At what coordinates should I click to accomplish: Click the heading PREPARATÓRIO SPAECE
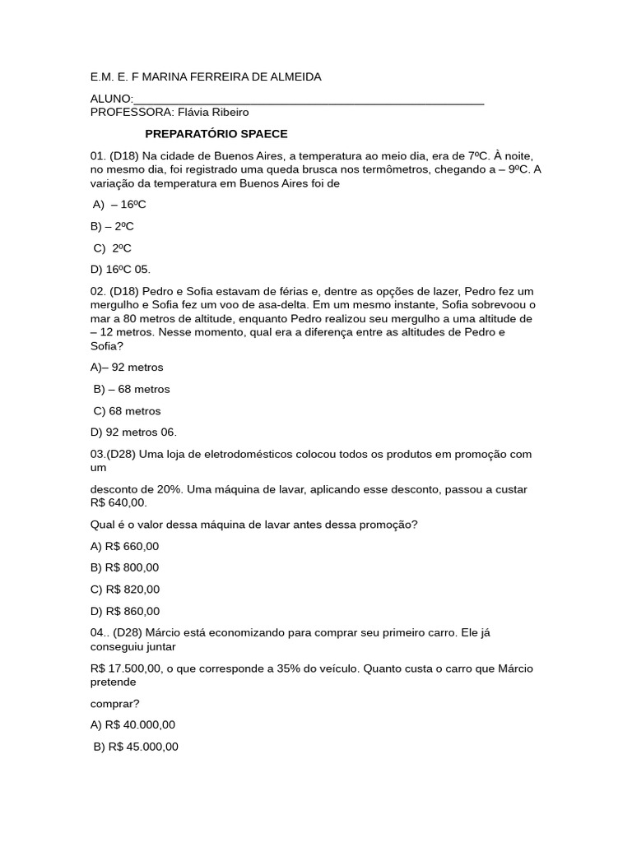(216, 134)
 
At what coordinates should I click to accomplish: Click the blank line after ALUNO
(309, 100)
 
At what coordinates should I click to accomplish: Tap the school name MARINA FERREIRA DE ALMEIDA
(232, 76)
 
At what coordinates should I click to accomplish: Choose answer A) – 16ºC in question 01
(119, 205)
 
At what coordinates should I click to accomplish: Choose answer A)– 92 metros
(127, 367)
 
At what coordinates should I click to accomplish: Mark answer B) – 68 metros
(132, 389)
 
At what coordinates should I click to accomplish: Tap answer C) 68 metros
(128, 411)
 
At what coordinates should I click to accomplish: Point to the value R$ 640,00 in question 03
(118, 502)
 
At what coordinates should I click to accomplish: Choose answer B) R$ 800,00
(124, 567)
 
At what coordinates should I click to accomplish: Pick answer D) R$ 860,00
(124, 611)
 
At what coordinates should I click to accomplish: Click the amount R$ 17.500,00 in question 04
(127, 669)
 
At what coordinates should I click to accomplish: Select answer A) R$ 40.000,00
(132, 725)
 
